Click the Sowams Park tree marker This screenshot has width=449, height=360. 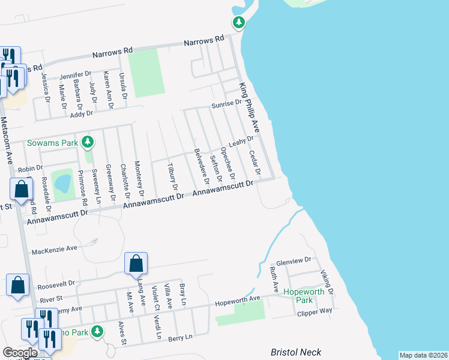coord(88,142)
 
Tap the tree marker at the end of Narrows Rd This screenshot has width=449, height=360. coord(239,23)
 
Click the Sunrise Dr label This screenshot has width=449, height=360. coord(226,104)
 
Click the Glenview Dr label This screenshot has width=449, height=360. coord(294,260)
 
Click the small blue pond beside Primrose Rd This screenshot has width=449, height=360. coord(61,182)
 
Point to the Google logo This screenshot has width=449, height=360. coord(20,352)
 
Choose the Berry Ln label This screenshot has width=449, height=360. coord(180,338)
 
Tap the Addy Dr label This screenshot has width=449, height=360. coord(82,113)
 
